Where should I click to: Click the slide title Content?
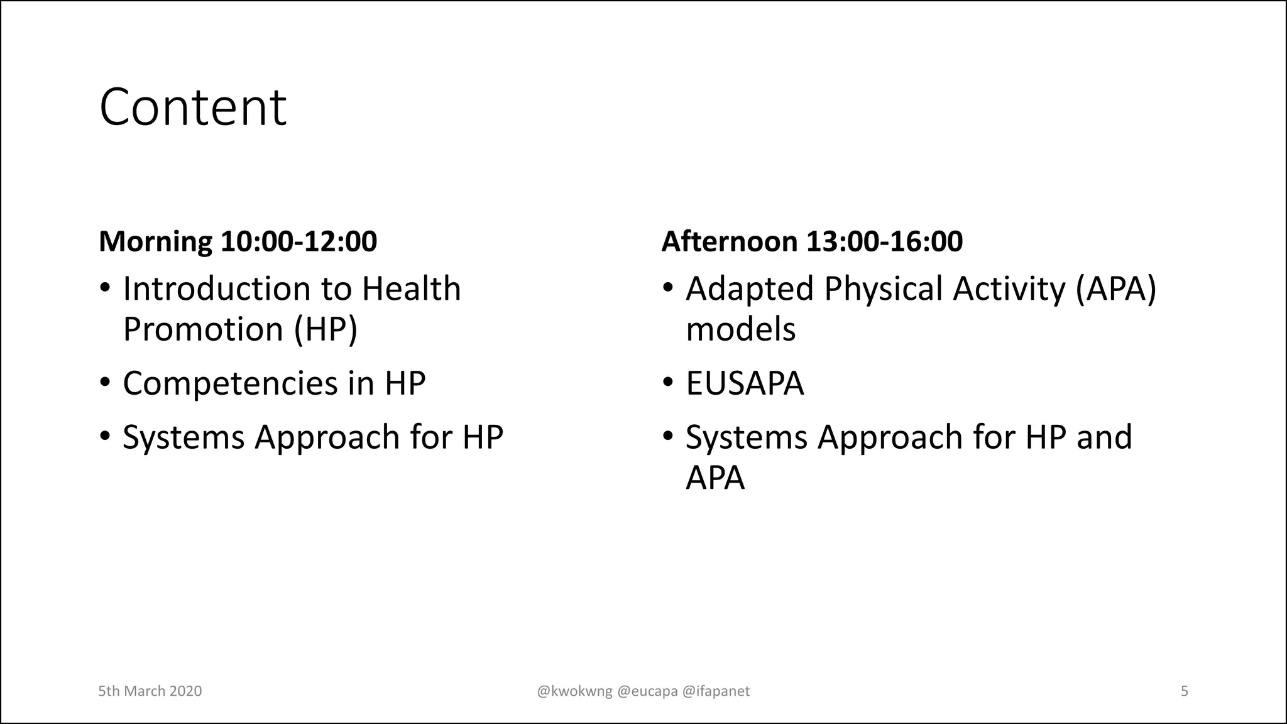192,107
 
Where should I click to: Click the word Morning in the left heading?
155,242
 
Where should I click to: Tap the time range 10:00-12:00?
298,242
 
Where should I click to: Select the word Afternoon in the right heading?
729,242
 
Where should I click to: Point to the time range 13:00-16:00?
884,242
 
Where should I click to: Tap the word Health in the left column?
411,289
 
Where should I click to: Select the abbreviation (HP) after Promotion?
326,329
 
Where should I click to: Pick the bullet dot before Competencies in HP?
105,382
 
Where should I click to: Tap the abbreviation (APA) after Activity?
1115,289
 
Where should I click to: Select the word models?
740,329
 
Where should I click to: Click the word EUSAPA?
745,383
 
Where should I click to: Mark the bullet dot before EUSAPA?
668,382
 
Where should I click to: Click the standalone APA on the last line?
715,478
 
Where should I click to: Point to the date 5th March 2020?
150,691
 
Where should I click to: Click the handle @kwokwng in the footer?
574,691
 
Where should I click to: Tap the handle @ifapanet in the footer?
716,691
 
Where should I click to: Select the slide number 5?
1184,691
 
